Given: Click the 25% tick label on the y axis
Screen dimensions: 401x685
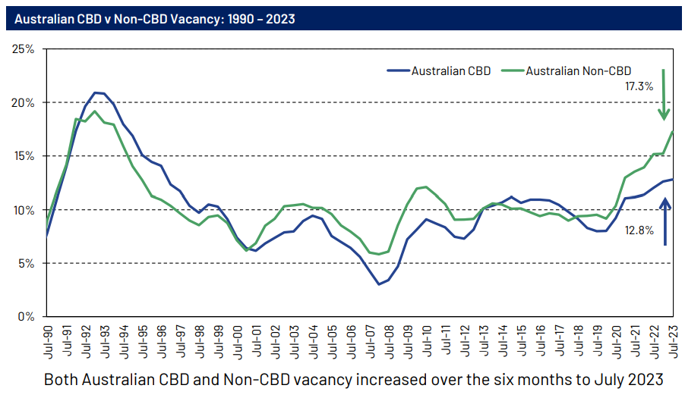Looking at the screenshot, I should point(24,49).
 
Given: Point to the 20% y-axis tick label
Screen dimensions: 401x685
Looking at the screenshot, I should point(24,102).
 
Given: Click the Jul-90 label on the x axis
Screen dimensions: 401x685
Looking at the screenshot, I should point(47,342).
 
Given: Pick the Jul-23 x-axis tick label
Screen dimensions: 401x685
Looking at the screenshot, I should point(673,342).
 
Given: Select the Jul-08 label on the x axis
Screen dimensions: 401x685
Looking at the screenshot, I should point(388,342).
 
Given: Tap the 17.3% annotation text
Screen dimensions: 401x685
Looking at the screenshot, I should point(639,87).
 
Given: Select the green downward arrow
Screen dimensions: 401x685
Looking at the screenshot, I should point(664,95).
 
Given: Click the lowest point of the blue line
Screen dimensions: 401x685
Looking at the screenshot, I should point(379,284).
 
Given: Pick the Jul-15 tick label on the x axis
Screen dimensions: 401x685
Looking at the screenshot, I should point(521,342).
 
